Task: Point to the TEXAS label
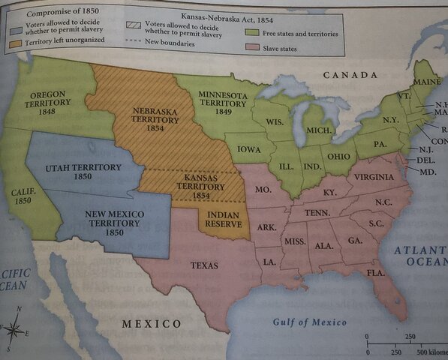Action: [204, 265]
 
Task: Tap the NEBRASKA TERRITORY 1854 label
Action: [153, 118]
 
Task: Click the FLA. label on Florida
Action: [375, 272]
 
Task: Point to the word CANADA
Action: [349, 75]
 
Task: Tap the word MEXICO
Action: [152, 324]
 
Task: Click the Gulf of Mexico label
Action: [309, 322]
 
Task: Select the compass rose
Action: [16, 328]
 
